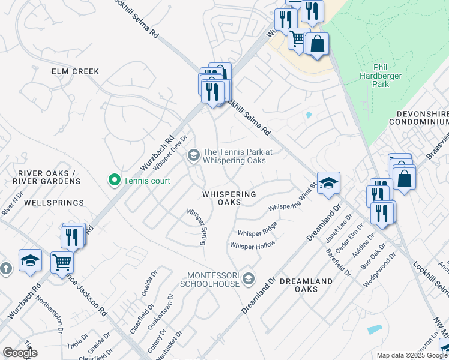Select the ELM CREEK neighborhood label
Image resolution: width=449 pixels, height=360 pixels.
click(75, 71)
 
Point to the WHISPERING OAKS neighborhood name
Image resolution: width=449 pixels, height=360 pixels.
click(229, 199)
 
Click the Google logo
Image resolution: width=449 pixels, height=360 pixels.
click(20, 352)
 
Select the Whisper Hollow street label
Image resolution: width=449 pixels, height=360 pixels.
click(252, 245)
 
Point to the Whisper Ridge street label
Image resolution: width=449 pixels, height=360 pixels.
click(257, 230)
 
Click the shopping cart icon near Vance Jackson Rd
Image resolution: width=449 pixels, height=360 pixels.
click(62, 263)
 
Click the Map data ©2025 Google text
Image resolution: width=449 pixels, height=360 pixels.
click(411, 355)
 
